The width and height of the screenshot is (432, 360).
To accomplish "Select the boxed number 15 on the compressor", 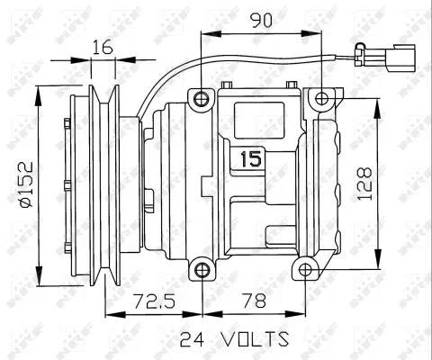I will [249, 160].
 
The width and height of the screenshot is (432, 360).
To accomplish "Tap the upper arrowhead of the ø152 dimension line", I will [39, 92].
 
